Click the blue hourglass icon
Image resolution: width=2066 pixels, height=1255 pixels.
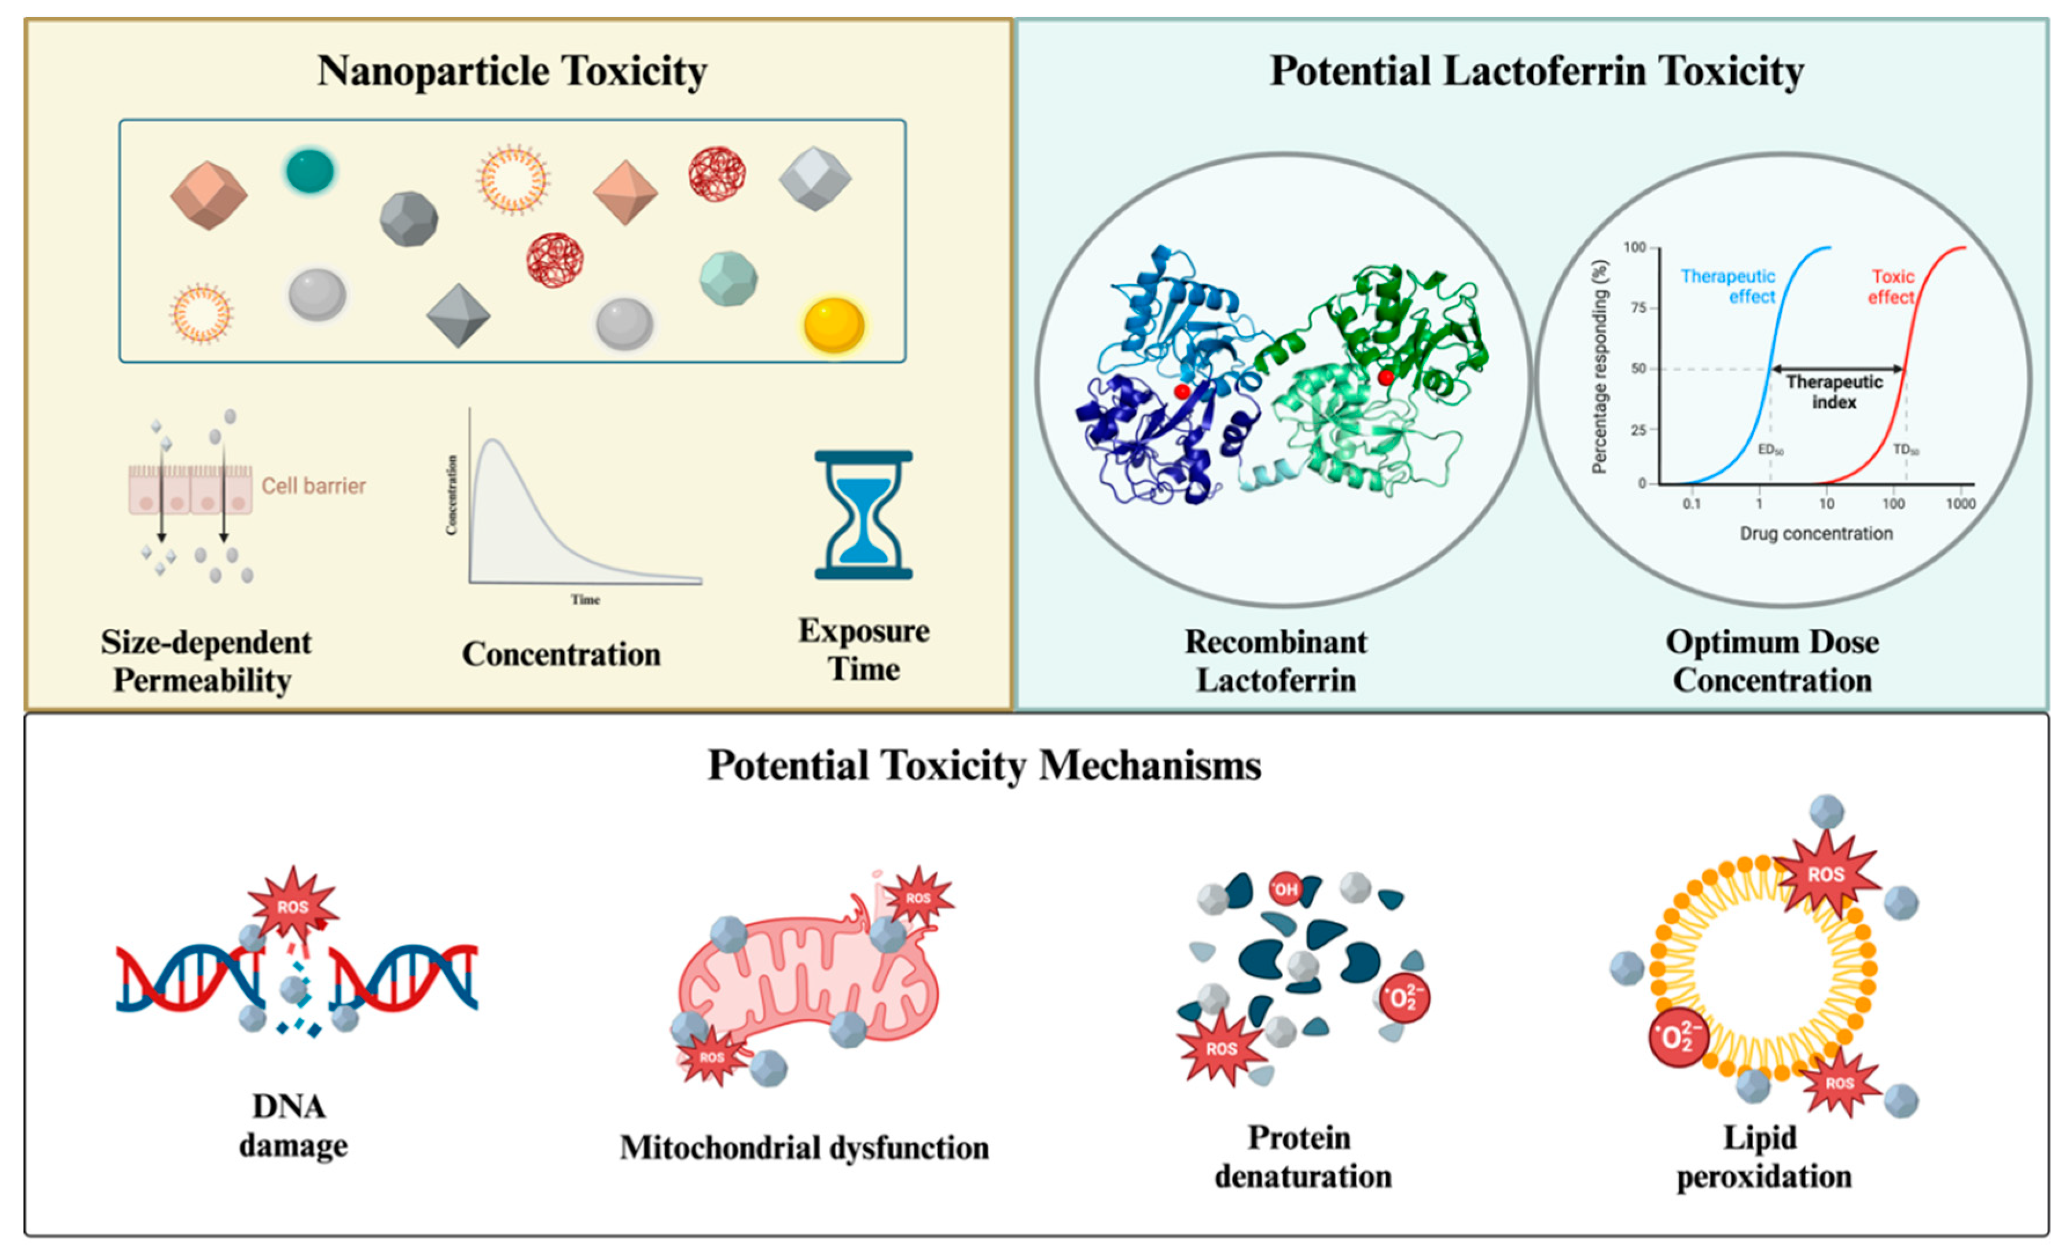pos(863,515)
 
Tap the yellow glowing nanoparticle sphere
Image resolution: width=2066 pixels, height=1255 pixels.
pos(833,325)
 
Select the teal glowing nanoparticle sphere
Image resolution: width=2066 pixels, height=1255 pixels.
pos(310,171)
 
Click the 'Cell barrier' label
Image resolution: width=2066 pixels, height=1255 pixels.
pos(314,486)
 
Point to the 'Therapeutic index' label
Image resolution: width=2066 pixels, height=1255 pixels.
pos(1834,392)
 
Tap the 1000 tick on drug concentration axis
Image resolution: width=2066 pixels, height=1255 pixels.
pos(1960,504)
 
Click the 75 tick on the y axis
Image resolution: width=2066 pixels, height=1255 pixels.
pos(1638,308)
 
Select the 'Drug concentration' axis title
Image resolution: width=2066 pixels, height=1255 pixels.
pos(1816,533)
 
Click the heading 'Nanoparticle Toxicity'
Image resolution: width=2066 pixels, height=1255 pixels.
pos(512,71)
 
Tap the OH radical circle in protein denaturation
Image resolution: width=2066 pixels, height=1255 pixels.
pos(1285,889)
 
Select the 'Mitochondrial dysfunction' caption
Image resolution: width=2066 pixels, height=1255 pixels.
pos(804,1147)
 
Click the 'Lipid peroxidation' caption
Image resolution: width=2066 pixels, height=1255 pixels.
pos(1763,1157)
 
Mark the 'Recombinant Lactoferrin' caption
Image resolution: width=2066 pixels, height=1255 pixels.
pos(1275,661)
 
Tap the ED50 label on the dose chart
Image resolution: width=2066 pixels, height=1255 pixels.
pos(1770,450)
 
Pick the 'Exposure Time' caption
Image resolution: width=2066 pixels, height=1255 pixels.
pos(863,650)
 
